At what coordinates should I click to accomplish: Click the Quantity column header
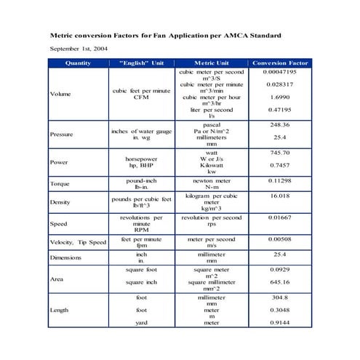point(78,63)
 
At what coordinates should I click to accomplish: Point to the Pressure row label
point(61,135)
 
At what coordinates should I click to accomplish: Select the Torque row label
point(60,184)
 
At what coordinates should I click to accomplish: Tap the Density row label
point(60,202)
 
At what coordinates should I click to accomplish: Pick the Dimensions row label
point(65,258)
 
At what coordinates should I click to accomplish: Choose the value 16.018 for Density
point(279,196)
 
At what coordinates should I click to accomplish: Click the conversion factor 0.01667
point(279,217)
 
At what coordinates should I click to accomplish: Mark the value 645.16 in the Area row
point(279,282)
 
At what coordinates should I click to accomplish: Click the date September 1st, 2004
point(80,48)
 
